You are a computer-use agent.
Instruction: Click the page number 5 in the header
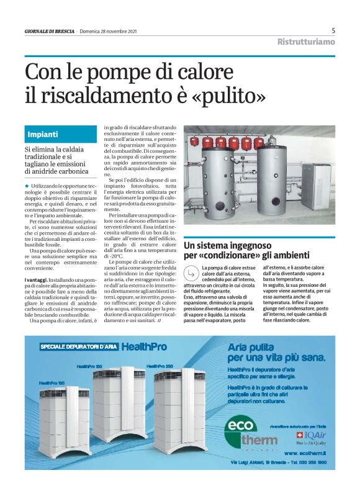(x=333, y=30)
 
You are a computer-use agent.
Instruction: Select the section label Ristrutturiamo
(x=306, y=42)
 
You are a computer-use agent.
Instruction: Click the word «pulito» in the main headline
(x=228, y=96)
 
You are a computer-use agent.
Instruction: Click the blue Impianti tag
(x=43, y=134)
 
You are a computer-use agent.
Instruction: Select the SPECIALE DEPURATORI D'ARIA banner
(x=79, y=346)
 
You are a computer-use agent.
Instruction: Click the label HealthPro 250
(x=161, y=366)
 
